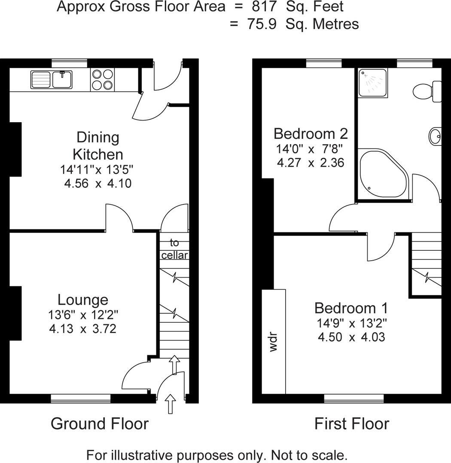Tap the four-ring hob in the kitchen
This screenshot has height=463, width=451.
(103, 80)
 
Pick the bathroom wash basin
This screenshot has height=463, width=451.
(435, 136)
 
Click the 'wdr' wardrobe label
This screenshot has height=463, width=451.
(274, 342)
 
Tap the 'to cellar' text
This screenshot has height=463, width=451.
(174, 249)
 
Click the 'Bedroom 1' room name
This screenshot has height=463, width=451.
(351, 308)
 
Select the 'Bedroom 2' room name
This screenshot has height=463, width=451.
(311, 134)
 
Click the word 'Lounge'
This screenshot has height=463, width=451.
(83, 300)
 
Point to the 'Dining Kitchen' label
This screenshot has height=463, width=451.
(98, 146)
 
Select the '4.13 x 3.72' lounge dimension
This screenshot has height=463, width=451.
(83, 329)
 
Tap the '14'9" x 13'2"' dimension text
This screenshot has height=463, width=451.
(351, 323)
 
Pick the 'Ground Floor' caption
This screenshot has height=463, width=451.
(100, 424)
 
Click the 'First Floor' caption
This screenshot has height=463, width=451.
(351, 424)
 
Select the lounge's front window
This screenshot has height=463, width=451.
(81, 399)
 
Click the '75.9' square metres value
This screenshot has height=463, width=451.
(261, 24)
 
